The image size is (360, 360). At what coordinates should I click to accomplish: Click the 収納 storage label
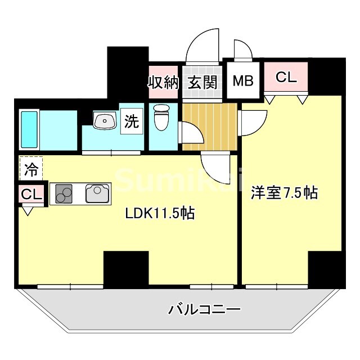pos(163,82)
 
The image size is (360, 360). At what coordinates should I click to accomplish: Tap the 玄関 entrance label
pos(202,82)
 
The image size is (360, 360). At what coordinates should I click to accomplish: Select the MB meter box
pos(244,80)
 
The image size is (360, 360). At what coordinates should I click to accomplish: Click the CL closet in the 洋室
pos(286,78)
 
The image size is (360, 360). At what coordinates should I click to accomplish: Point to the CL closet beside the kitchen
pos(31,195)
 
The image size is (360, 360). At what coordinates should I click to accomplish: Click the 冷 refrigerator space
pos(32,168)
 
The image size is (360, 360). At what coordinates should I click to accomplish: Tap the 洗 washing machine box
pos(132,122)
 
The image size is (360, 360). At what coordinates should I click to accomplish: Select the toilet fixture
pos(161,116)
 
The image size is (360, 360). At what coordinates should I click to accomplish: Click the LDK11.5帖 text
pos(160,213)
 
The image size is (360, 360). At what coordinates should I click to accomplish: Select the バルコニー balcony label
pos(204,309)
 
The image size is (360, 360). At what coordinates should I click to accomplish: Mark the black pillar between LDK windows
pos(126,269)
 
